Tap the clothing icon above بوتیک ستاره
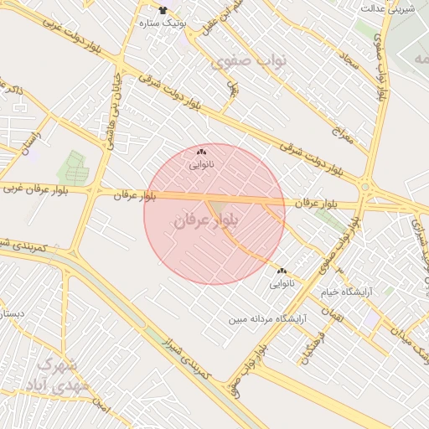(x=163, y=9)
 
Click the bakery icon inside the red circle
(x=200, y=153)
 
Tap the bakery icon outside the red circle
(x=282, y=271)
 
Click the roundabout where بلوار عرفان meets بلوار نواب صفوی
(x=365, y=187)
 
